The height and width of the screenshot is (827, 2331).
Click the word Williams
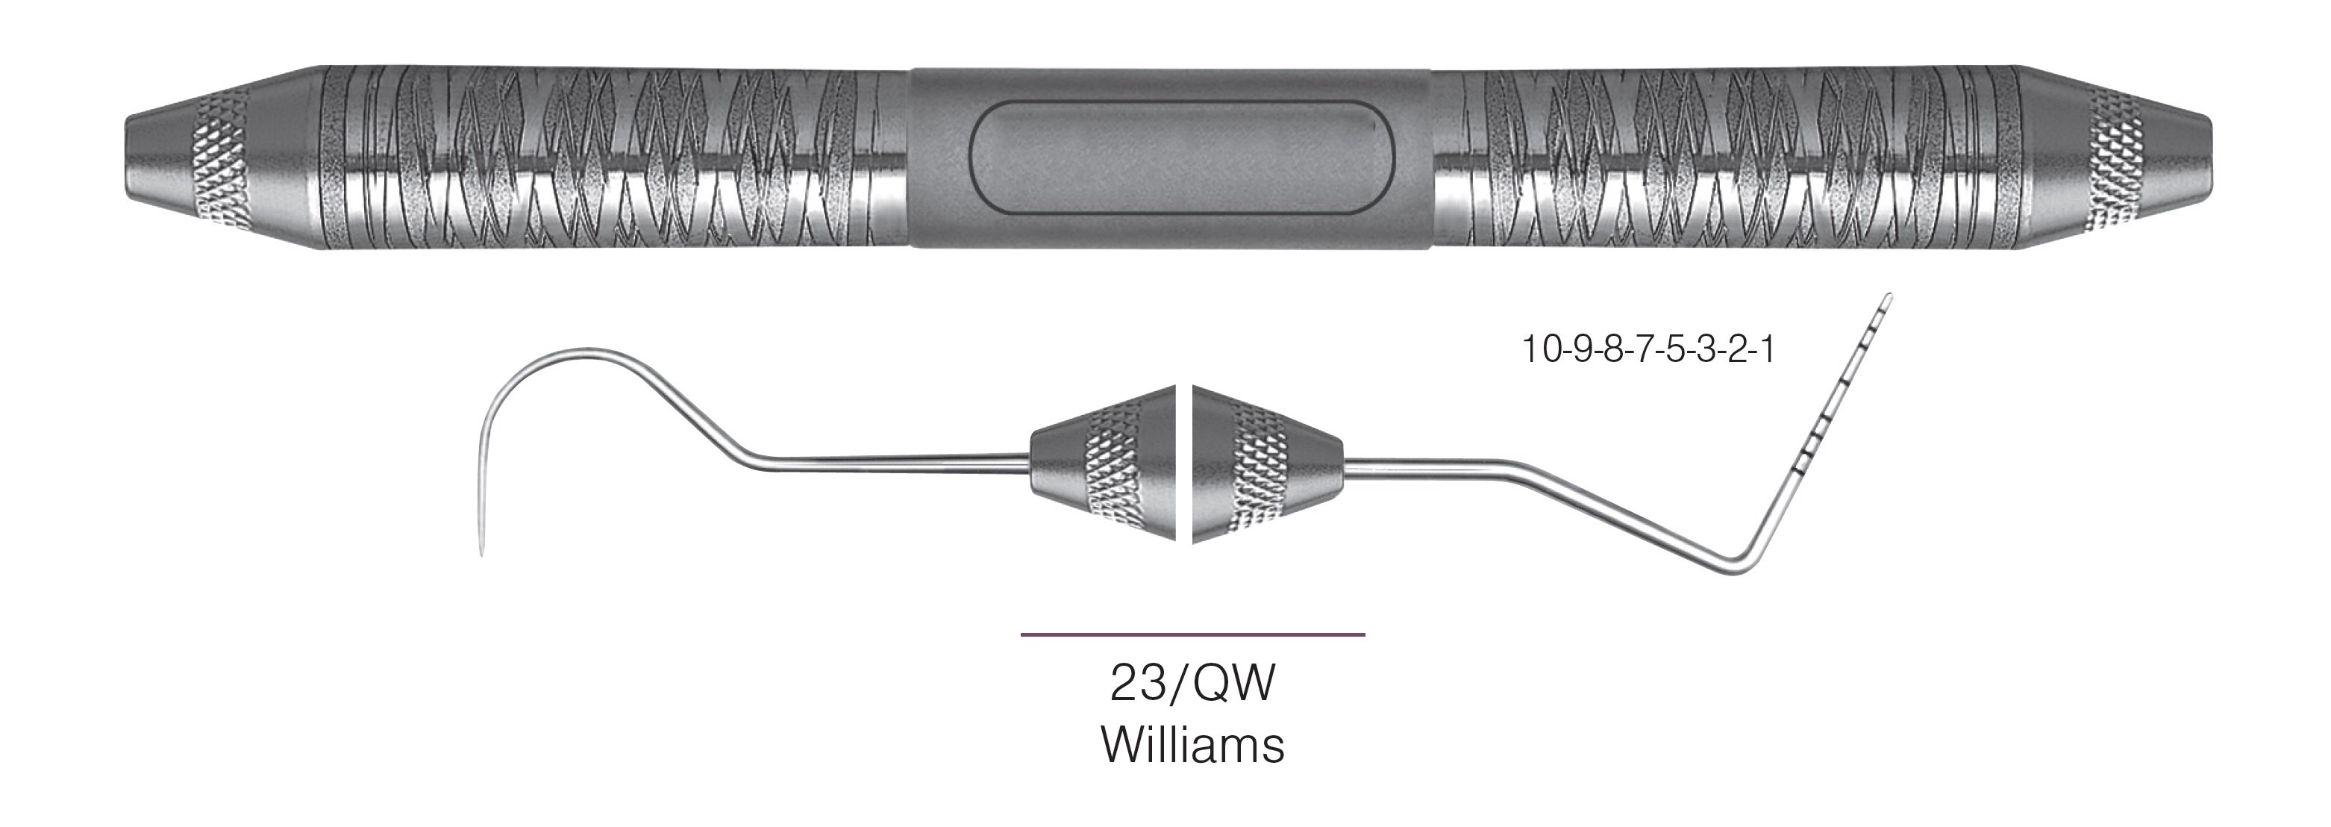1192,746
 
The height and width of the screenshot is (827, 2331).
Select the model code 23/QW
1192,683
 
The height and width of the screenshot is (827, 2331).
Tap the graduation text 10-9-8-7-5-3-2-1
1647,349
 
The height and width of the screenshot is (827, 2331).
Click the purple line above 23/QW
1192,635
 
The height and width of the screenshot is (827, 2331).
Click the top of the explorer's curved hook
579,352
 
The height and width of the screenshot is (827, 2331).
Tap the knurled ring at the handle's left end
217,157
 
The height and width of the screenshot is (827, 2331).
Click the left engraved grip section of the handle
616,157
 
